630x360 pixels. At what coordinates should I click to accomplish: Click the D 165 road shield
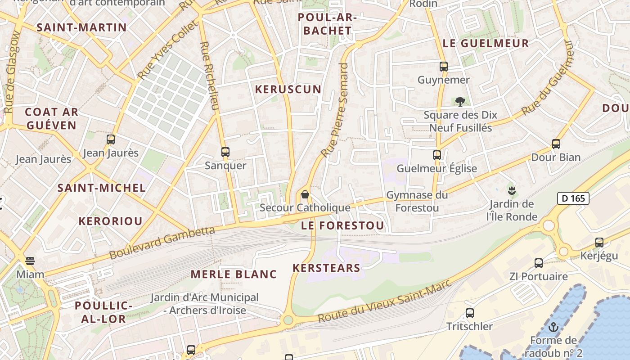click(x=573, y=198)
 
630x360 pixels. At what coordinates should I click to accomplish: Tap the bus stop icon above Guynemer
click(x=444, y=67)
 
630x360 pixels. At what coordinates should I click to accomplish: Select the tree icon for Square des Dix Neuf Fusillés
click(x=460, y=102)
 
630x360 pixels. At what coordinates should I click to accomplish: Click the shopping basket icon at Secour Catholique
click(x=305, y=194)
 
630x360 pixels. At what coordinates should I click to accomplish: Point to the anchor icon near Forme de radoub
click(x=553, y=327)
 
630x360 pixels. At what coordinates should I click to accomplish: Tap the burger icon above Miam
click(x=30, y=261)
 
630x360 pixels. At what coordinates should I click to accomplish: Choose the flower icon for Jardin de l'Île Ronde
click(x=511, y=190)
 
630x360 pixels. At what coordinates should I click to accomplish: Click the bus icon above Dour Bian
click(x=556, y=144)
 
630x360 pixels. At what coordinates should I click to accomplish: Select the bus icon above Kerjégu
click(x=599, y=243)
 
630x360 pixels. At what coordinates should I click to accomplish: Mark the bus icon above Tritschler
click(x=470, y=313)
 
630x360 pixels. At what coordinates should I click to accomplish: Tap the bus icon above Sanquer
click(x=225, y=152)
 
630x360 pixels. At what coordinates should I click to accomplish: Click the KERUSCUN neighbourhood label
click(x=288, y=90)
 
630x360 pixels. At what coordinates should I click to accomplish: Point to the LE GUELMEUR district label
click(x=486, y=44)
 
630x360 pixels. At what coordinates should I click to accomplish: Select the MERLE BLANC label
click(x=234, y=274)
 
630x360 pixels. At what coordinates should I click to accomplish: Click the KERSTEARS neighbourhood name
click(x=327, y=268)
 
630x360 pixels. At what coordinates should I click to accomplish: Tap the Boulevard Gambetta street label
click(x=162, y=243)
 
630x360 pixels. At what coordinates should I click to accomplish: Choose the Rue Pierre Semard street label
click(x=335, y=110)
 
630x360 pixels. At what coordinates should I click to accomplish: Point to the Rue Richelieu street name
click(x=210, y=76)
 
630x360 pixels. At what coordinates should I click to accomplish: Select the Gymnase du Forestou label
click(x=417, y=201)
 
